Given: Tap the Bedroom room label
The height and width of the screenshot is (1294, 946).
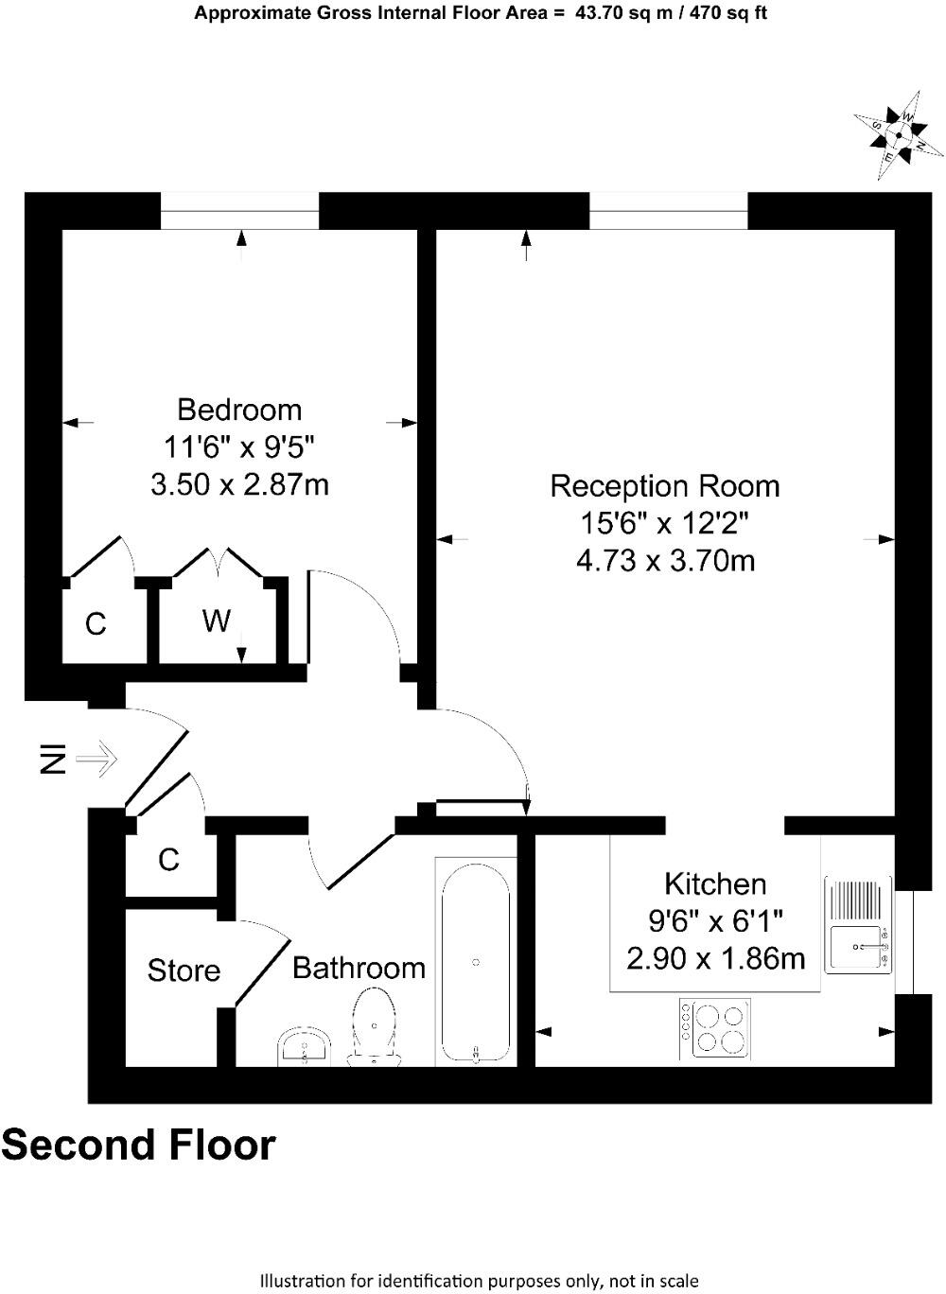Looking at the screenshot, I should pos(239,410).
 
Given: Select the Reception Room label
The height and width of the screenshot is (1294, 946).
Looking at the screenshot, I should pos(665,486).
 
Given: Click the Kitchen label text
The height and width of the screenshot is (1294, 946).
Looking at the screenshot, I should pos(715,884).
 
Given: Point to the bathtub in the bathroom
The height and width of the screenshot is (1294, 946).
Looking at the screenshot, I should pos(475,962).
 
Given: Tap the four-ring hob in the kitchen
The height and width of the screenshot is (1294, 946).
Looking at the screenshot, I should pos(721,1029).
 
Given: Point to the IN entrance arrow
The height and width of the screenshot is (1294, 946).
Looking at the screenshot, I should pos(95,758).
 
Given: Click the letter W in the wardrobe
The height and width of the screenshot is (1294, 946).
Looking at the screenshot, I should pos(217,621).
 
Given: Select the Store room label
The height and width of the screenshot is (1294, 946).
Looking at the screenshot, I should pos(184,970).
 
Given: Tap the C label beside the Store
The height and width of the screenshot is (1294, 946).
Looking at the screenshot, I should pos(168,859).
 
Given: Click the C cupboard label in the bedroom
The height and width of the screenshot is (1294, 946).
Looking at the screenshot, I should pos(96,624).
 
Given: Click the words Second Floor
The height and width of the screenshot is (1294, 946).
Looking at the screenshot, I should pos(139,1145).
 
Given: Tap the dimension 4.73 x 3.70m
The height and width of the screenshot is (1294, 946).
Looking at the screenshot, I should pos(665,561).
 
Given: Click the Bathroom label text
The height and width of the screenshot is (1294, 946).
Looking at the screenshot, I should pos(359,968).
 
